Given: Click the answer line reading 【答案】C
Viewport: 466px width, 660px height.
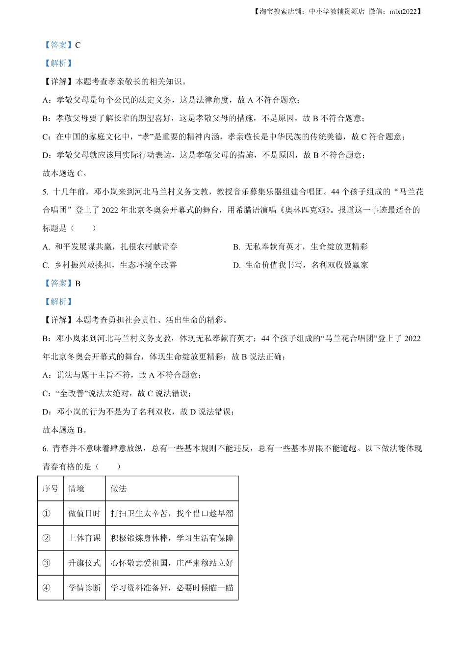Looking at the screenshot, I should [x=62, y=45].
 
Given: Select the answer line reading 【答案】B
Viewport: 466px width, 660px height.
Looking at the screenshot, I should [x=62, y=283].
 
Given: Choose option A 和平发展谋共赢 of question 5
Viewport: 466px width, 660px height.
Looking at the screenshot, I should [x=110, y=247].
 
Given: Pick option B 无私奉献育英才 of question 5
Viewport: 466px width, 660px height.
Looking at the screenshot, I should [x=300, y=247].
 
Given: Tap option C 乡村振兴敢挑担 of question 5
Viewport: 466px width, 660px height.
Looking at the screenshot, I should [x=110, y=265].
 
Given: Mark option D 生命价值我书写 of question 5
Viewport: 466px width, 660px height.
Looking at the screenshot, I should [x=300, y=265].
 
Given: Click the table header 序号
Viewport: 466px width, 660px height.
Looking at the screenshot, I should [x=50, y=489].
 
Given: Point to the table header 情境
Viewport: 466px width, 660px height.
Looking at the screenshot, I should [x=77, y=489].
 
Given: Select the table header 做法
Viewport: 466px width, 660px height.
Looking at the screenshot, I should [x=119, y=489].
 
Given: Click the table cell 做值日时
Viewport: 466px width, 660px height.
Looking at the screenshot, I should [x=84, y=513].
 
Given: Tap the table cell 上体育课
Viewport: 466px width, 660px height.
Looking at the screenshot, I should [x=84, y=538].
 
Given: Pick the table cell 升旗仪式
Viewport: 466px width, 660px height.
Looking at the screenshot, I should [x=84, y=563].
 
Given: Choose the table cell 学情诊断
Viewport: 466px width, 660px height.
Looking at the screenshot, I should [x=84, y=588].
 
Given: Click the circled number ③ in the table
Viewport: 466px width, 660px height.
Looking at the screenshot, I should [x=47, y=563].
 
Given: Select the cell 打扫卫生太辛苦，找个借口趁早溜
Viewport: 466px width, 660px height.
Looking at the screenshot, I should [x=172, y=513].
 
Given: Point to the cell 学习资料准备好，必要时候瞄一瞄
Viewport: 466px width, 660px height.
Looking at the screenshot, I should [x=172, y=588].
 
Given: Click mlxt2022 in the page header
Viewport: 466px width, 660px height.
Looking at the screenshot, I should [x=403, y=12].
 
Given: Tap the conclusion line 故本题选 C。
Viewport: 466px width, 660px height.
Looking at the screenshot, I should [x=65, y=173].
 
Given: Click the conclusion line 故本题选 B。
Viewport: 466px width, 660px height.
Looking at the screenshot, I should [x=65, y=430].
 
